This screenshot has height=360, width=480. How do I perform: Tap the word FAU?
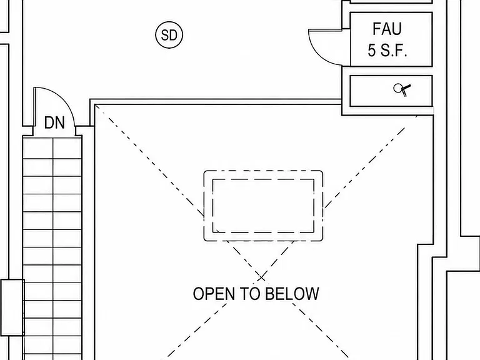[387, 29]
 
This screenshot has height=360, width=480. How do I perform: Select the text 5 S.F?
[387, 51]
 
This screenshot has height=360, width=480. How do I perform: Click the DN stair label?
[54, 122]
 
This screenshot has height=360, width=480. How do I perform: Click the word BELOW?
[291, 294]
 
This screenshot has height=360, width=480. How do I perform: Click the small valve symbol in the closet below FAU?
[402, 90]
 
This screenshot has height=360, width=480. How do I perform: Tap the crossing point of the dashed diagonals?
[261, 277]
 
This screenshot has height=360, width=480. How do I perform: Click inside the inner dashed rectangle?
[263, 206]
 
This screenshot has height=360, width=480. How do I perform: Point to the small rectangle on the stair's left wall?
[12, 307]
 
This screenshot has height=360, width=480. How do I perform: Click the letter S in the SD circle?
[165, 35]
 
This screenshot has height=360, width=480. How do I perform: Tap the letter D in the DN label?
[49, 122]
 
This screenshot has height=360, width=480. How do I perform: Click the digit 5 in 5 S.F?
[372, 51]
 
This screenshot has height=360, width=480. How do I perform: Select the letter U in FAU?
[396, 29]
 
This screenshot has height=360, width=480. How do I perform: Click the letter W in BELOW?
[311, 294]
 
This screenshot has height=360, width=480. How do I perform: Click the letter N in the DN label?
[60, 122]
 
